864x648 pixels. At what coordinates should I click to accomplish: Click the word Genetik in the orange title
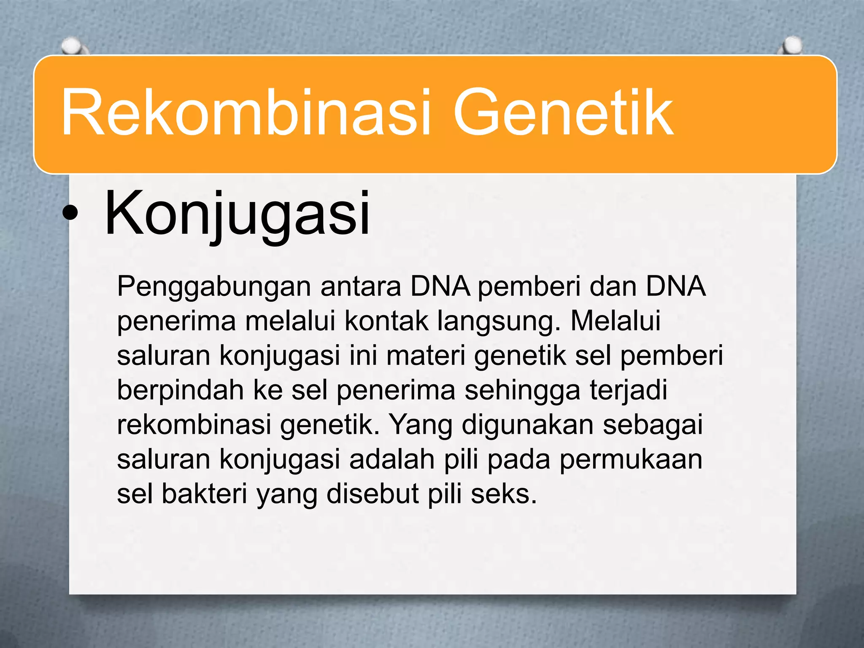click(x=563, y=113)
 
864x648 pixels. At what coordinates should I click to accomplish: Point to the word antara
click(x=361, y=287)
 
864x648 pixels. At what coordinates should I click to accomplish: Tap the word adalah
click(x=392, y=459)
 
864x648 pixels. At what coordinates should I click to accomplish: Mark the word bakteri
click(x=204, y=494)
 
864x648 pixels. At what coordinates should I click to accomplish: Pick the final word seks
click(x=504, y=494)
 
